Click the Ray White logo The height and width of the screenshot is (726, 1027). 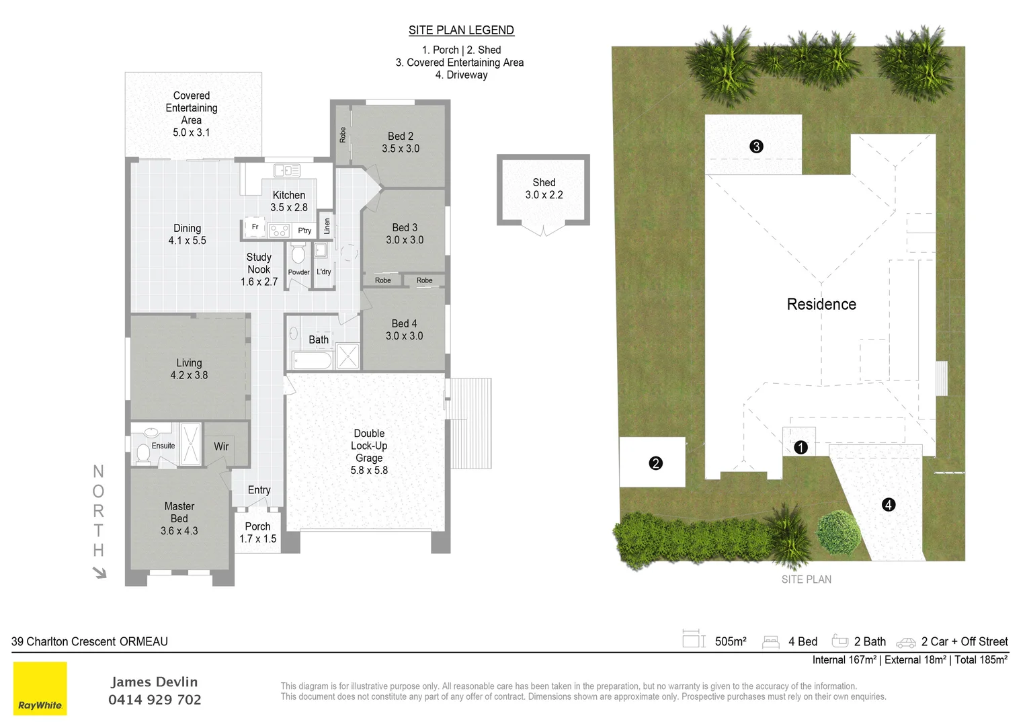tap(40, 688)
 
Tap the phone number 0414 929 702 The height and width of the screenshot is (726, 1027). tap(155, 700)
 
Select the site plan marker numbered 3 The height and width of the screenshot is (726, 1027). tap(756, 147)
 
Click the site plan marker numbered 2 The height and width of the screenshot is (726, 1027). tap(656, 463)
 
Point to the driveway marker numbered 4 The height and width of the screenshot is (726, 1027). tap(889, 505)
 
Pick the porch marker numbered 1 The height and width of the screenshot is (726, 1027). tap(800, 447)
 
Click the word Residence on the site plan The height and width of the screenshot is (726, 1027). tap(821, 305)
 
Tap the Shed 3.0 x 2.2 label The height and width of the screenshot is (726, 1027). tap(544, 189)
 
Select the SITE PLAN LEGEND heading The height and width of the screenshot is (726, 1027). tap(461, 30)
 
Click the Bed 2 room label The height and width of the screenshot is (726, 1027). tap(401, 143)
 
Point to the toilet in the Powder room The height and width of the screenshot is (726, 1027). tap(298, 254)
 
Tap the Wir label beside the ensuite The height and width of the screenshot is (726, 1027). tap(221, 446)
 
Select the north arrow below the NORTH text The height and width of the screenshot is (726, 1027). tap(99, 572)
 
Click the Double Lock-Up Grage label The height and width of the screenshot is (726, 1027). tap(369, 452)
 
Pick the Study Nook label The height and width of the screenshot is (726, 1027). tap(259, 269)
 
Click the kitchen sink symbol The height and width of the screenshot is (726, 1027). tap(287, 171)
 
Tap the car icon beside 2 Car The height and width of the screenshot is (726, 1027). tap(906, 643)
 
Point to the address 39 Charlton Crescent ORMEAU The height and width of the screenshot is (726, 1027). tap(89, 642)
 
